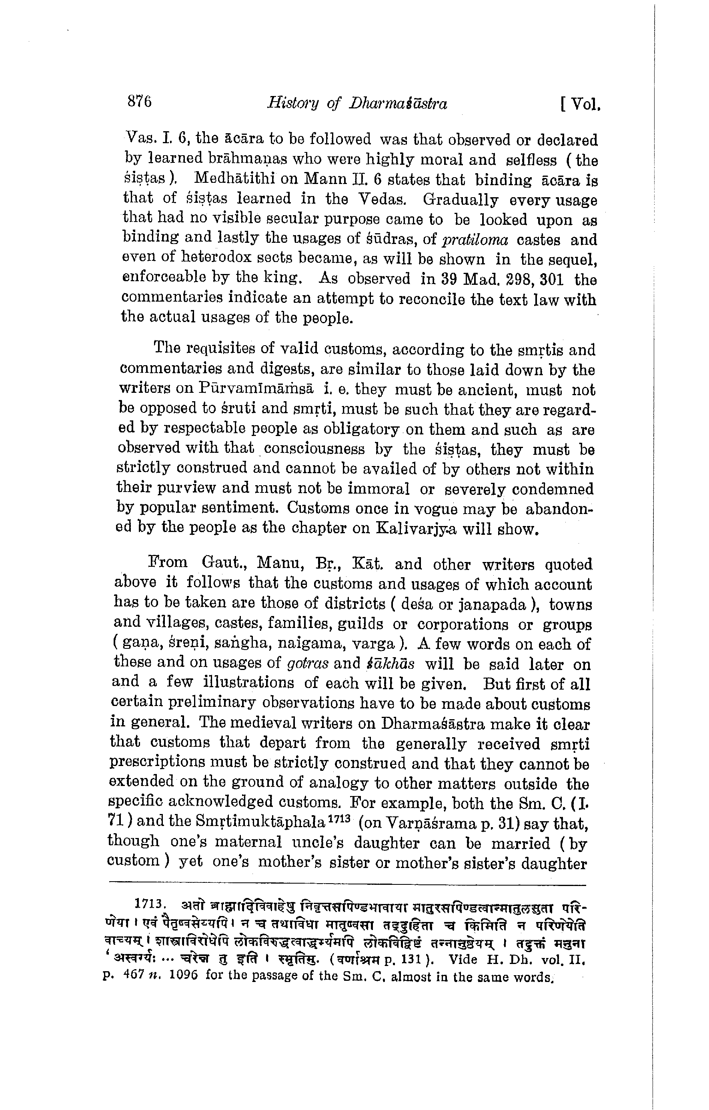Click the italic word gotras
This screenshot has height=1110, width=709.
pos(307,664)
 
